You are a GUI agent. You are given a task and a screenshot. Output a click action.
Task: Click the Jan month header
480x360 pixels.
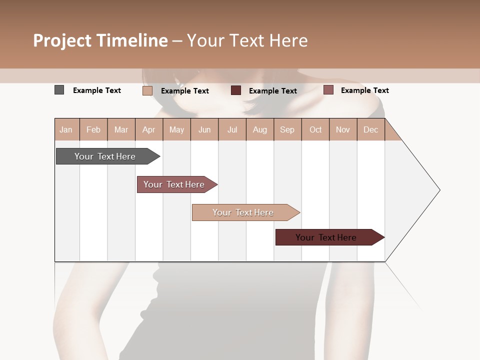tap(66, 129)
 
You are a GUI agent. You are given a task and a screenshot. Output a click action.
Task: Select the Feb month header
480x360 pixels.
tap(93, 129)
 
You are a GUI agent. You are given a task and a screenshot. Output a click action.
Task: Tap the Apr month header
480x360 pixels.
tap(148, 129)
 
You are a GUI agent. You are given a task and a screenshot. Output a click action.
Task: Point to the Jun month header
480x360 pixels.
tap(204, 129)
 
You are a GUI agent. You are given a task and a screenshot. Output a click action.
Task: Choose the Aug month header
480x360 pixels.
tap(259, 129)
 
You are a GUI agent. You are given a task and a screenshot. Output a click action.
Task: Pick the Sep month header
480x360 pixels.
tap(287, 129)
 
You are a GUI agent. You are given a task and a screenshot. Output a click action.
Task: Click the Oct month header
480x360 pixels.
tap(315, 129)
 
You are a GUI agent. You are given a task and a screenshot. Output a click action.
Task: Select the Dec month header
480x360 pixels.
tap(370, 129)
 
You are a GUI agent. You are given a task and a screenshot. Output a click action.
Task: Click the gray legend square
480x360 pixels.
tap(59, 90)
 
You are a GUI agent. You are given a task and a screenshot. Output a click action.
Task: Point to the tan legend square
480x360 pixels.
tap(147, 90)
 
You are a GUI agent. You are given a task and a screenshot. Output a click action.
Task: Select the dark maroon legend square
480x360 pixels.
tap(236, 90)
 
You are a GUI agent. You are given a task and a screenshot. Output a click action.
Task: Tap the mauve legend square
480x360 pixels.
tap(328, 90)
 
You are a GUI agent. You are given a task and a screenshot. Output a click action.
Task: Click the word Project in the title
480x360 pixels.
tap(62, 40)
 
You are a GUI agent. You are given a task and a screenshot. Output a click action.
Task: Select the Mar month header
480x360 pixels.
tap(121, 129)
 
